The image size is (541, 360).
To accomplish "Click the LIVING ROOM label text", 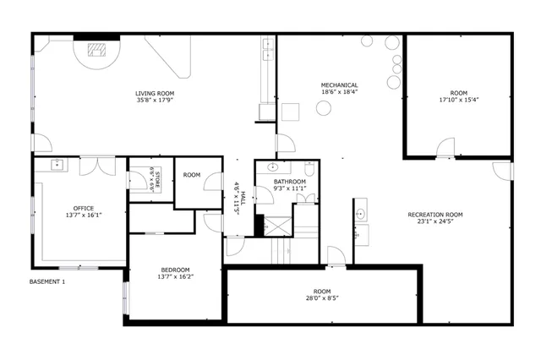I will (x=155, y=93).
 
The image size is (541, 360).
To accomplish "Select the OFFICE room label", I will (x=84, y=208).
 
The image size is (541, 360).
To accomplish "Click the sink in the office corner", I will (x=59, y=164).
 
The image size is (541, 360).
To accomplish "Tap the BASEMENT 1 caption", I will (x=47, y=281).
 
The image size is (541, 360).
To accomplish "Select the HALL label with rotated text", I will (x=240, y=204).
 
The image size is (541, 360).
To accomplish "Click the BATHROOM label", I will (x=289, y=183).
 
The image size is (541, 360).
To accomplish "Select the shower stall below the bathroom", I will (x=276, y=227).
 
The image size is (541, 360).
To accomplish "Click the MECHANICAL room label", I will (x=339, y=85).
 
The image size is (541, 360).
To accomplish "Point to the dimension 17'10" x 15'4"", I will (x=458, y=100).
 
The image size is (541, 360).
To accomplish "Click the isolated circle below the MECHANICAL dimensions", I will (x=323, y=108).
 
